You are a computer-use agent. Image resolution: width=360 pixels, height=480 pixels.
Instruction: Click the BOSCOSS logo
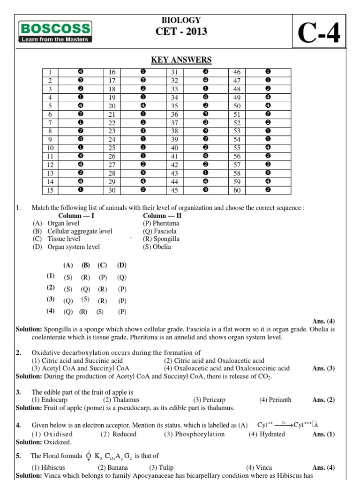point(55,31)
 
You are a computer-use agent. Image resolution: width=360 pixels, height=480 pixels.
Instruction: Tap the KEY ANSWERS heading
point(181,60)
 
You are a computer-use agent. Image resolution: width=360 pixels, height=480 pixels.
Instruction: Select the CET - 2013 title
point(181,31)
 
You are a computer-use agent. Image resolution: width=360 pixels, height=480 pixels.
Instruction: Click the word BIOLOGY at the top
point(181,20)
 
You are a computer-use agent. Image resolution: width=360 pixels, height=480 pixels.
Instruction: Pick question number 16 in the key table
point(112,72)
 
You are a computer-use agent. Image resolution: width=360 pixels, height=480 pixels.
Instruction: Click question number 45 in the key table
point(174,190)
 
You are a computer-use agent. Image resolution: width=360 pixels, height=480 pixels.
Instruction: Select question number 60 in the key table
point(237,190)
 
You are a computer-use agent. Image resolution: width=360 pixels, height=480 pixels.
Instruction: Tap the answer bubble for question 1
point(81,72)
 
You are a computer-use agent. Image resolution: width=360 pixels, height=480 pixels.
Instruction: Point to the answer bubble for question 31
point(205,72)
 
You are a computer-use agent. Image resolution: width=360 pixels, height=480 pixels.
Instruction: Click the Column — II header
point(162,216)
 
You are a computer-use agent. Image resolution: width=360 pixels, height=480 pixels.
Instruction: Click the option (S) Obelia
point(157,247)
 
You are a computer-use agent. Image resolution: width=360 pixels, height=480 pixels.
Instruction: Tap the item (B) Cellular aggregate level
point(73,232)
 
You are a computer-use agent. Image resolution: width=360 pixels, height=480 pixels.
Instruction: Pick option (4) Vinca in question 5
point(259,467)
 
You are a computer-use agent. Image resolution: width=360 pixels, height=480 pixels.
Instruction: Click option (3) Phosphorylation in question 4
point(194,434)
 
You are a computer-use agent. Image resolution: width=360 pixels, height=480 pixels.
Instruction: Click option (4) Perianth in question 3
point(275,400)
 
